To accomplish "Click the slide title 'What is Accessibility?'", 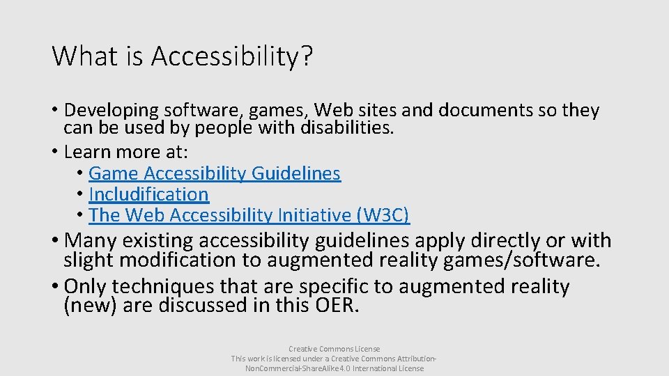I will pos(182,56).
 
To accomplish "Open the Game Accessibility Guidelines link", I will pos(215,173).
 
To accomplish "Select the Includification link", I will pos(148,194).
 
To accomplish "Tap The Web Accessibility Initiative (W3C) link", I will pos(249,215).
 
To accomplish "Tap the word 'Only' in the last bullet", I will pos(85,287).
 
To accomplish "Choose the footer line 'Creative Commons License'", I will pos(334,349).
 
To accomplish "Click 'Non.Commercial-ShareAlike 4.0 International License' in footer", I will pos(334,368).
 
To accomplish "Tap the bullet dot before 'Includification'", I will pos(81,194).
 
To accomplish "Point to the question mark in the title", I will pos(306,56).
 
